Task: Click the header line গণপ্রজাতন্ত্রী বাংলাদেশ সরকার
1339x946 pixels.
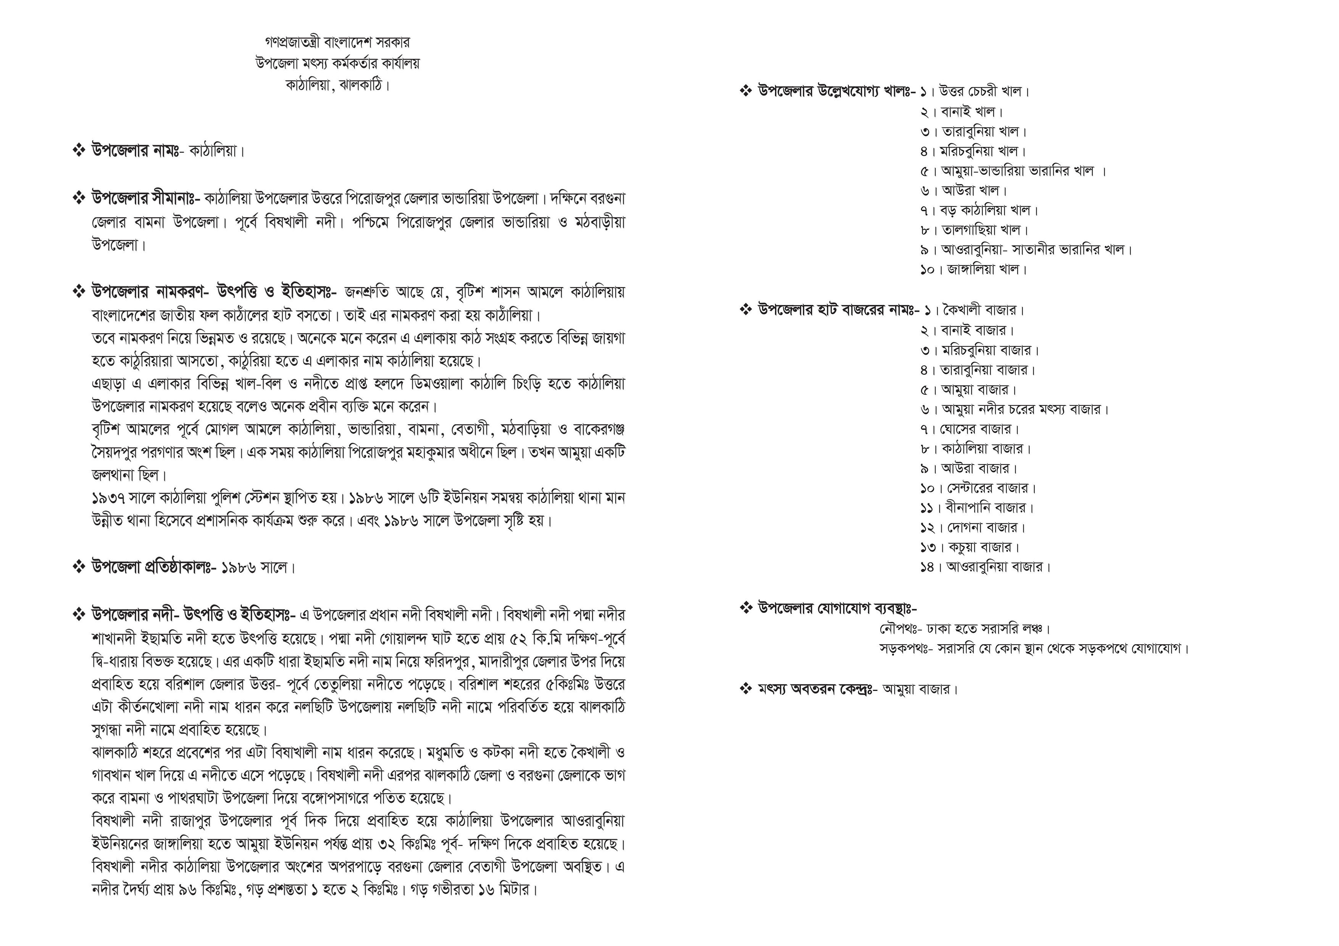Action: coord(337,43)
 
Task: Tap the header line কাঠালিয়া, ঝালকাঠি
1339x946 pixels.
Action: coord(337,85)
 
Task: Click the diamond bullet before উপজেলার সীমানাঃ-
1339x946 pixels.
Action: coord(79,199)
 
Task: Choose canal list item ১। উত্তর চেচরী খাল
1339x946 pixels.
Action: coord(975,92)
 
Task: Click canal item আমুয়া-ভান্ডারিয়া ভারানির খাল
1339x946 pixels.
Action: coord(1017,171)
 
